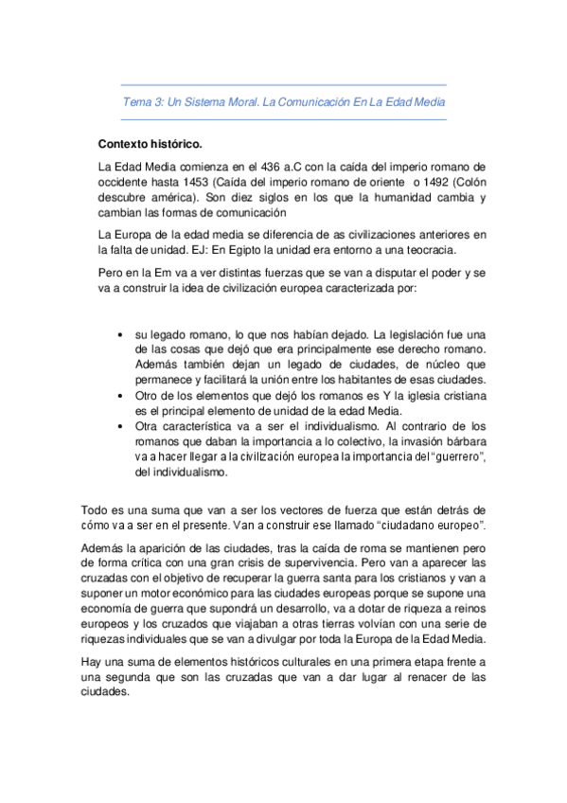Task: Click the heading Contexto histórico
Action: point(150,145)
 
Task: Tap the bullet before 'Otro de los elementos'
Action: point(117,396)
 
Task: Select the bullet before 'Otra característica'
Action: point(117,427)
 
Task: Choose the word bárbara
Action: point(462,441)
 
